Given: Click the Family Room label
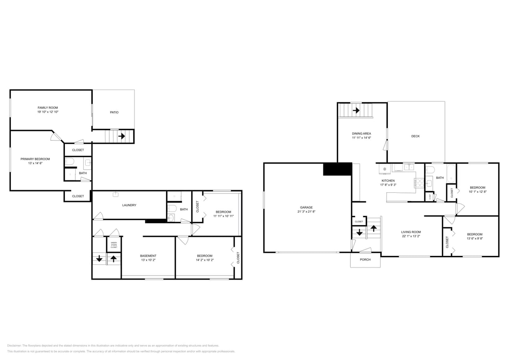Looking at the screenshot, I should coord(48,108).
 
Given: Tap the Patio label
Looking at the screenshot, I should coord(114,112).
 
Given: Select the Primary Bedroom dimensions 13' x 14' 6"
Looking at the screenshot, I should coord(35,163).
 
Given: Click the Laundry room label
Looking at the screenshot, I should coord(129,205).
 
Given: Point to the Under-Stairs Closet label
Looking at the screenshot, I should coord(114,245).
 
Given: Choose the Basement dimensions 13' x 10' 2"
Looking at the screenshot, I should coord(148,260).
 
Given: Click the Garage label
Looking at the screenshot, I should coord(306,207).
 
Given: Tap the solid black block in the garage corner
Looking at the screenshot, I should coord(337,169).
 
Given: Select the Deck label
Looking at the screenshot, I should coord(415,136).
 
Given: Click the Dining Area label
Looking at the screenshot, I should coord(361,134).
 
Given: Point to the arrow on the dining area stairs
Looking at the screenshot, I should coord(356,110).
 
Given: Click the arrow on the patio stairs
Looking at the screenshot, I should coord(122,136).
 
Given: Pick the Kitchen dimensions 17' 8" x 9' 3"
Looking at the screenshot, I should coord(388,185).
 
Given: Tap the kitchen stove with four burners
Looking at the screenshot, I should coord(419,183).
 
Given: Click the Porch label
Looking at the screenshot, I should coord(365,260).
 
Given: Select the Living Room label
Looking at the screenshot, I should coord(411,232).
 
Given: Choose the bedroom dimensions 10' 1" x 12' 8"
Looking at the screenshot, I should coord(477,192).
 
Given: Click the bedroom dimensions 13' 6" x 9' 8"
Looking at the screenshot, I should coord(474,238).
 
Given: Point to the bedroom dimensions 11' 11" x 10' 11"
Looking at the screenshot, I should coord(223,216).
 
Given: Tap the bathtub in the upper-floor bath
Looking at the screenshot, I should coord(451,173).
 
